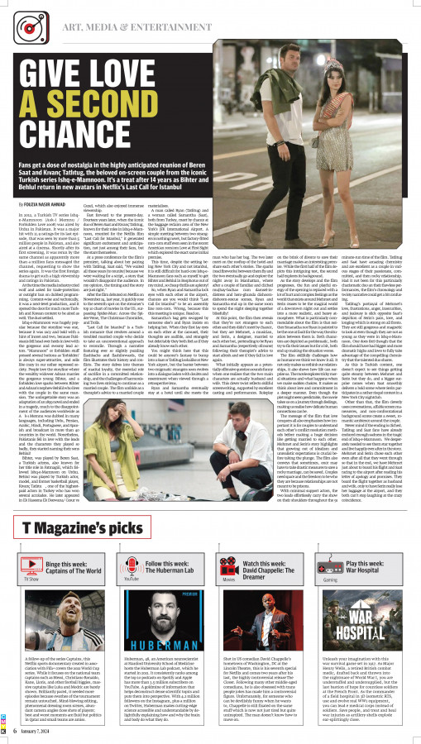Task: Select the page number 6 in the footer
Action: pos(16,730)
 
